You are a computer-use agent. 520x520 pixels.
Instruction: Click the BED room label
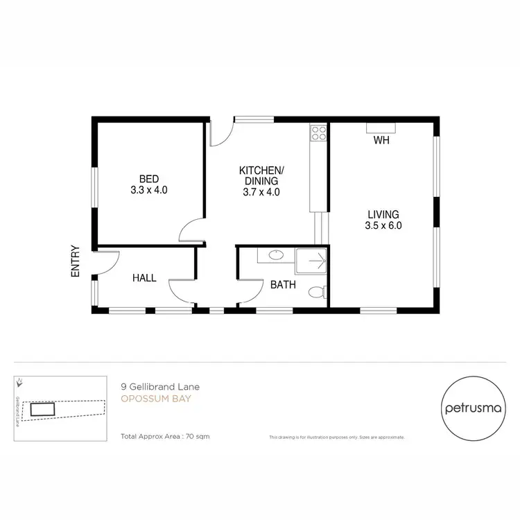tap(149, 177)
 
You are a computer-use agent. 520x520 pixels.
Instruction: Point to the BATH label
tap(283, 284)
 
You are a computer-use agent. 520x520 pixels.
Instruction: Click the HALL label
tap(144, 278)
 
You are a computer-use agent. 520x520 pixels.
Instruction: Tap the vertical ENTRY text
tap(76, 262)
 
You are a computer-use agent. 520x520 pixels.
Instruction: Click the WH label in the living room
tap(381, 141)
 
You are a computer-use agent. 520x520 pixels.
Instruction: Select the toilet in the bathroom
tap(318, 293)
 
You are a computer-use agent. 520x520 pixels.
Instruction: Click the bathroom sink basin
tap(275, 255)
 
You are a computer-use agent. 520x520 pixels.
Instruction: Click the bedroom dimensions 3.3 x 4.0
tap(149, 189)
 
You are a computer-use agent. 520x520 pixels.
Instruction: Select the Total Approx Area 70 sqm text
tap(165, 437)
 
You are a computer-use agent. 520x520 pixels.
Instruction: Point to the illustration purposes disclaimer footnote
tap(336, 437)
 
